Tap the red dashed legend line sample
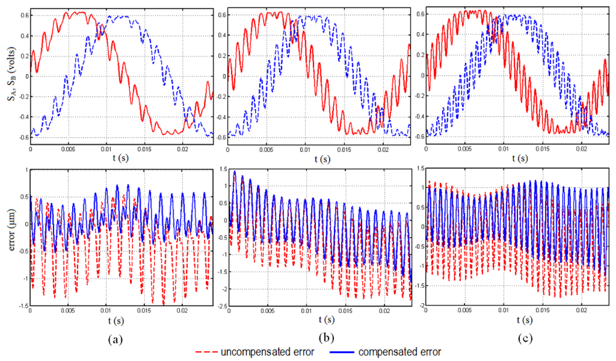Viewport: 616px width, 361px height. click(x=208, y=352)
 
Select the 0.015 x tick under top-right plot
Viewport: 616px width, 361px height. click(x=543, y=149)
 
